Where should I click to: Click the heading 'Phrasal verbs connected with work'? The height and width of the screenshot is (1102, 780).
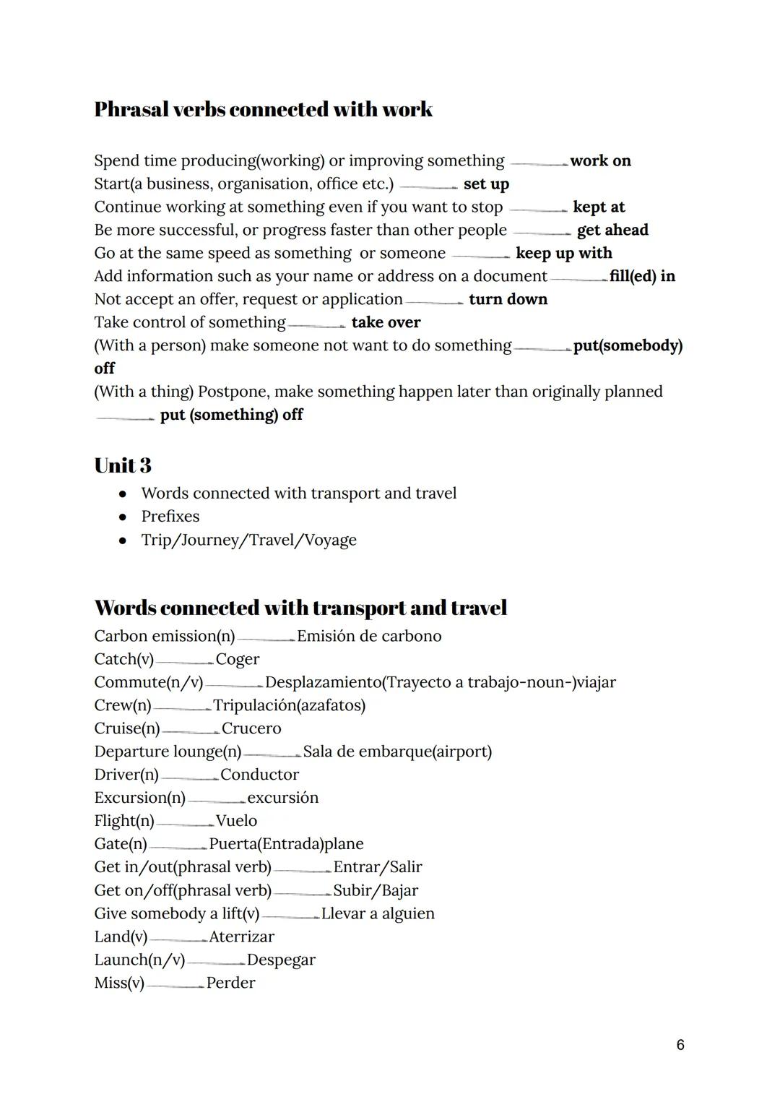pos(263,109)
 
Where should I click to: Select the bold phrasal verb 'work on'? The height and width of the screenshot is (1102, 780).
pos(600,160)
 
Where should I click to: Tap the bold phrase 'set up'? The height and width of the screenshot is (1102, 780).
pos(486,184)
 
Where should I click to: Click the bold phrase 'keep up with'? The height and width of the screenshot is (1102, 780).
pos(563,253)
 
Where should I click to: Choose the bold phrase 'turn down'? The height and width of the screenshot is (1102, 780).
pos(508,299)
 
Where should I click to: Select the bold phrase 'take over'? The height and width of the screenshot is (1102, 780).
pos(386,322)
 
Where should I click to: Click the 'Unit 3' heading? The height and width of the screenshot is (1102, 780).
pos(123,465)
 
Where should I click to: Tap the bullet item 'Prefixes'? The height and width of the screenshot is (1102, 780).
pos(170,516)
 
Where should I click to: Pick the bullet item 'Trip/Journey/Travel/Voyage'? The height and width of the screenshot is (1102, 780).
pos(248,540)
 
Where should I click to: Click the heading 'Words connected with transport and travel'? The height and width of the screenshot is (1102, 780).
pos(300,608)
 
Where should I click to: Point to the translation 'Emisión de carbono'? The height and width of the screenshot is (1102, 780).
pos(368,636)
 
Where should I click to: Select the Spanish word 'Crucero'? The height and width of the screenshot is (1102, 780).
pos(251,728)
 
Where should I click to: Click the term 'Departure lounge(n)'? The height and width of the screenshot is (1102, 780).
pos(168,752)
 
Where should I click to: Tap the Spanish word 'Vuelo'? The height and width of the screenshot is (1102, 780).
pos(236,821)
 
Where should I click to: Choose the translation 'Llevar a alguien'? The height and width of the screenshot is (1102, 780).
pos(378,913)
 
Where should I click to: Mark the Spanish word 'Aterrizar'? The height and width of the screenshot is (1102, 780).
pos(241,937)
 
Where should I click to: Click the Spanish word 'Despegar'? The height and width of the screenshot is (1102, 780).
pos(281,960)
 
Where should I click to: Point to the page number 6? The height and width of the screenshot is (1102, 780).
pos(680,1045)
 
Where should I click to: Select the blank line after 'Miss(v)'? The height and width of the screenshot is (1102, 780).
pos(175,986)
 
